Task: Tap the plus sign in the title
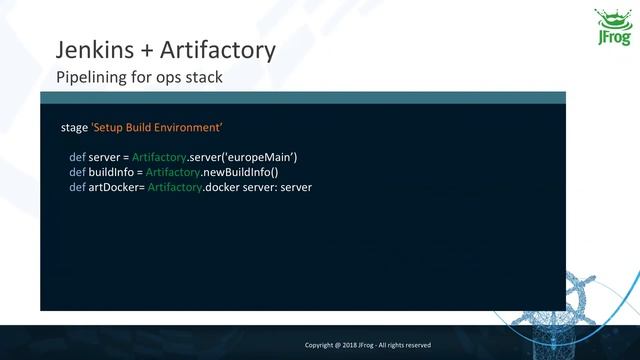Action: coord(144,49)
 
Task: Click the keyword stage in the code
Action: coord(74,129)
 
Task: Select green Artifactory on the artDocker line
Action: coord(174,188)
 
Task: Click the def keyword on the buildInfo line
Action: coord(76,173)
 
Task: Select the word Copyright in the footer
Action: coord(321,345)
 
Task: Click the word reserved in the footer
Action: coord(416,345)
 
